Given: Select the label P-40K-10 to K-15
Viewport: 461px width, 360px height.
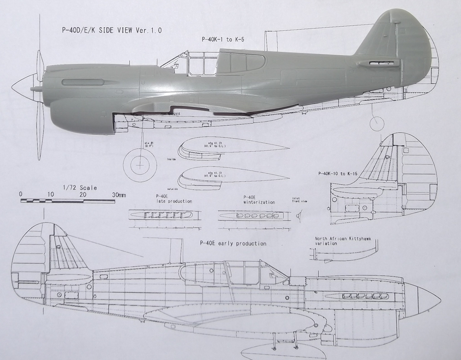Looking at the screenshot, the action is pyautogui.click(x=338, y=174).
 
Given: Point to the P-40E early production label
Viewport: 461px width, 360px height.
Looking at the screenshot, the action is pyautogui.click(x=233, y=243).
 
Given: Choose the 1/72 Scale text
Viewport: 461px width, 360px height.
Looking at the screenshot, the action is pyautogui.click(x=80, y=188).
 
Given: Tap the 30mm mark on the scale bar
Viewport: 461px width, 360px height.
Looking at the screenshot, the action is pyautogui.click(x=119, y=195).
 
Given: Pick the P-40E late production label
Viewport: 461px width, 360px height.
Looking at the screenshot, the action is pyautogui.click(x=174, y=199).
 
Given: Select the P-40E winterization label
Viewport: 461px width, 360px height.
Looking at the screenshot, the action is pyautogui.click(x=259, y=200).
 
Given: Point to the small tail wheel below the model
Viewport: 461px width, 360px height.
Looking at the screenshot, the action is pyautogui.click(x=376, y=123).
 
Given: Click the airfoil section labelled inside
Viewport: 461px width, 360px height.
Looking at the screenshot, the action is pyautogui.click(x=230, y=149).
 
